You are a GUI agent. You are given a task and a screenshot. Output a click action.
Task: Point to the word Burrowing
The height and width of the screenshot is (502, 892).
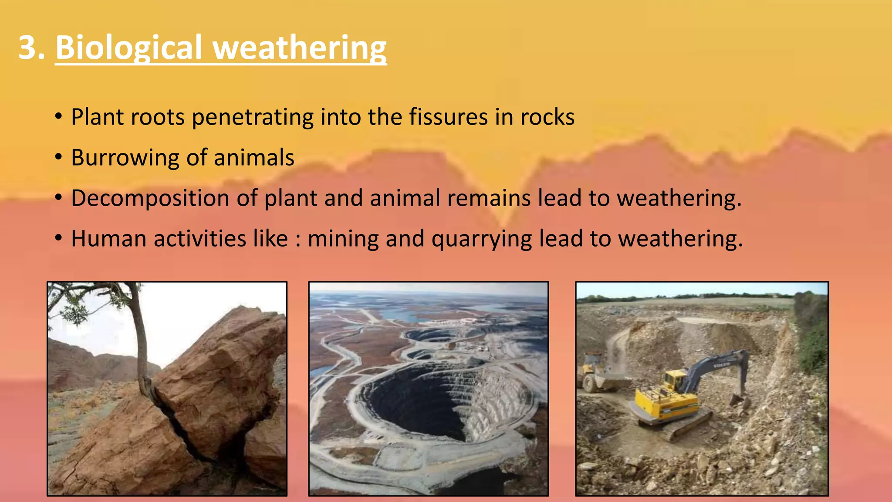[125, 158]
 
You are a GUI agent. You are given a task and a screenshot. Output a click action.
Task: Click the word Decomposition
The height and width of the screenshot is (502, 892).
[150, 198]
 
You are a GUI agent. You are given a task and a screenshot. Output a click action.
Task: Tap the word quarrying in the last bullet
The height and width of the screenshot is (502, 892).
[482, 239]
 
